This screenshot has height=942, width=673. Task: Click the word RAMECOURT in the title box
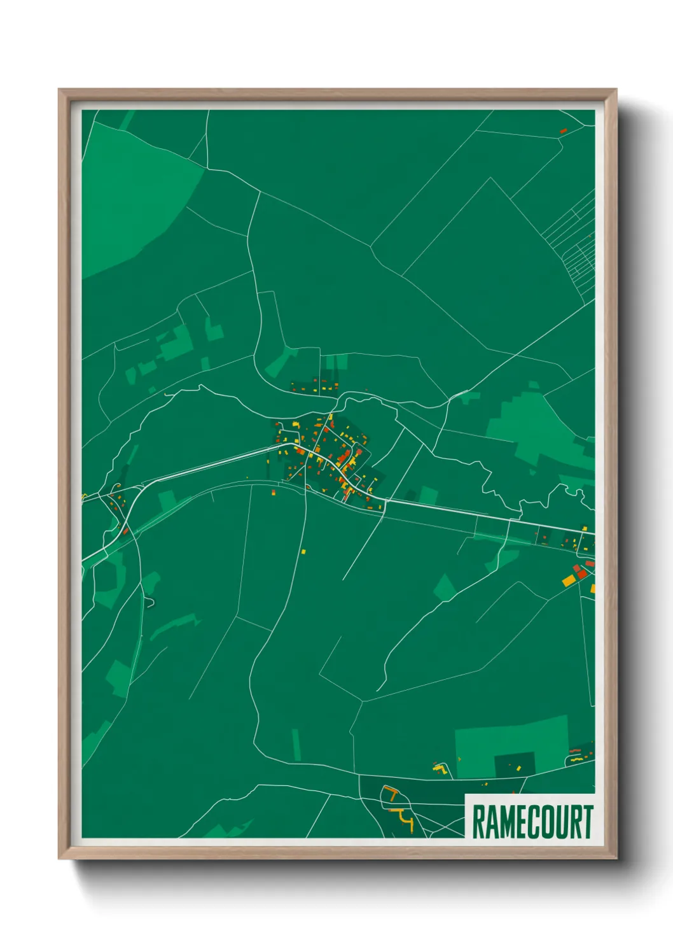[x=532, y=822]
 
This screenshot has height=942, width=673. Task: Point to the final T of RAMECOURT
[x=588, y=822]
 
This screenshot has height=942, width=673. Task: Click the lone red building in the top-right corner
[x=562, y=131]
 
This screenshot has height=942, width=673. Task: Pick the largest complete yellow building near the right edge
[x=568, y=580]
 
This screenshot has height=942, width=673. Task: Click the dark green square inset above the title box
[x=515, y=764]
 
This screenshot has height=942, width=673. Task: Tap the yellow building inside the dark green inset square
[x=518, y=769]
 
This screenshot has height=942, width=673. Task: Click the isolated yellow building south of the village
[x=303, y=551]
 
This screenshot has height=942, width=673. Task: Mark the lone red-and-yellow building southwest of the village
[x=274, y=492]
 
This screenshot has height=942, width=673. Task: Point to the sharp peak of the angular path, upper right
[x=490, y=178]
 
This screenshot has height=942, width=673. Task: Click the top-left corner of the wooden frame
[x=60, y=90]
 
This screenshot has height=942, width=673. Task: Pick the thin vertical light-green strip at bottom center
[x=296, y=744]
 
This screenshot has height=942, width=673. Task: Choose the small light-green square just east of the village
[x=429, y=495]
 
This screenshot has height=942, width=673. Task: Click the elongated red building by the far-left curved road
[x=126, y=530]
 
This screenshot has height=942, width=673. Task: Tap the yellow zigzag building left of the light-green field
[x=440, y=769]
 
